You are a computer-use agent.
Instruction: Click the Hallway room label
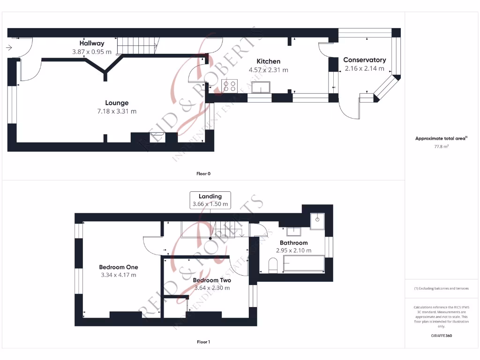tap(91, 44)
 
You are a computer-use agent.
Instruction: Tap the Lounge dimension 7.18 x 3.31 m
tap(117, 111)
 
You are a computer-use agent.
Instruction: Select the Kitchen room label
tap(268, 61)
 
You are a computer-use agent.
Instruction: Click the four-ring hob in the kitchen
tap(229, 86)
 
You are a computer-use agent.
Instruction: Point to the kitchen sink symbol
tap(261, 87)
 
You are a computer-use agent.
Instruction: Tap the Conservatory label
tap(364, 60)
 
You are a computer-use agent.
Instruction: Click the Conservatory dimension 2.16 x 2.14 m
tap(364, 68)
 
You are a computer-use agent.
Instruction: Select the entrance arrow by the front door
tap(9, 47)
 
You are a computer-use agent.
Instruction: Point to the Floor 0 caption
tap(203, 173)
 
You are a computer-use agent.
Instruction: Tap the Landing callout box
tap(210, 200)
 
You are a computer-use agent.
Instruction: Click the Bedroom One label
tap(118, 267)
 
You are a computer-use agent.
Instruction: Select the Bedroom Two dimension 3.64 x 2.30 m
tap(212, 288)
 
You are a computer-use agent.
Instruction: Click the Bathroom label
tap(293, 243)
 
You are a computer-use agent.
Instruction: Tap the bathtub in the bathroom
tap(303, 263)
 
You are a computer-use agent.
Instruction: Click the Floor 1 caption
tap(203, 342)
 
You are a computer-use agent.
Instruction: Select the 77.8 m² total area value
tap(441, 147)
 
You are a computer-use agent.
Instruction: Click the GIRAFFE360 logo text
tap(441, 336)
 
